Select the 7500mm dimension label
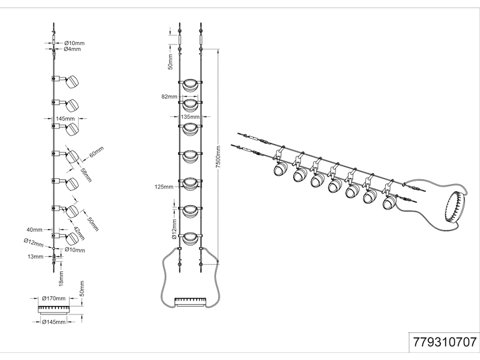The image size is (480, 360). click(x=220, y=157)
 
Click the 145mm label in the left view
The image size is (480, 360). click(x=65, y=119)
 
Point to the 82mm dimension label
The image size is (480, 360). click(x=169, y=97)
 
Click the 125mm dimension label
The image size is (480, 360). click(x=164, y=187)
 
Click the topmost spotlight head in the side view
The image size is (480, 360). click(x=70, y=82)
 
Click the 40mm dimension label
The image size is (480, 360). click(x=34, y=229)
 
